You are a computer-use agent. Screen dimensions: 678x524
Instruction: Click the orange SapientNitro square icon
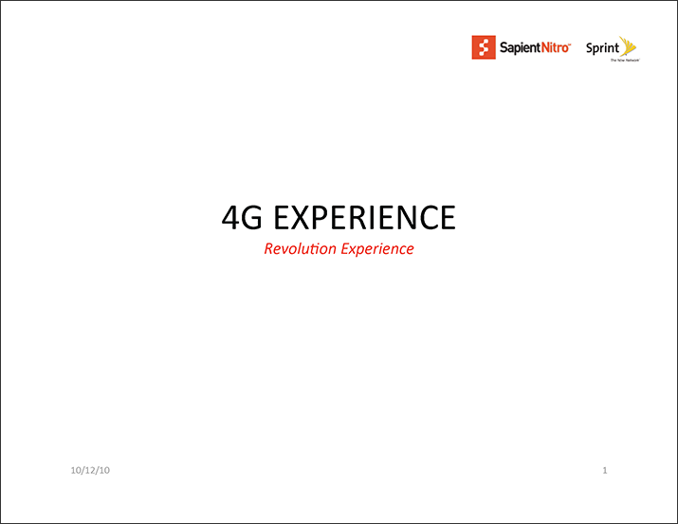(484, 47)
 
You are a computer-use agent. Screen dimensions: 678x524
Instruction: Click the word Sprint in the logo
(602, 48)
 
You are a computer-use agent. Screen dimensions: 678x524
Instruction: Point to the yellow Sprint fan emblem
(628, 46)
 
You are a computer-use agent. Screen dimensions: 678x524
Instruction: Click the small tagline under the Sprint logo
(625, 61)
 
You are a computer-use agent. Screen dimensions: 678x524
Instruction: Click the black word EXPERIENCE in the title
(364, 217)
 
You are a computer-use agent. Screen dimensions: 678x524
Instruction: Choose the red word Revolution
(300, 249)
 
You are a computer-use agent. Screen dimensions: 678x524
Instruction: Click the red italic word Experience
(377, 250)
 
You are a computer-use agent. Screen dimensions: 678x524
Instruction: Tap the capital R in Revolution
(269, 249)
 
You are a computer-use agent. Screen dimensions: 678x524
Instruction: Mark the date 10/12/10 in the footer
(90, 470)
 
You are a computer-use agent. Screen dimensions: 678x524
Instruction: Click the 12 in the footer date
(90, 470)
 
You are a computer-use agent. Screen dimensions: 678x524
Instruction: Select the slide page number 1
(605, 470)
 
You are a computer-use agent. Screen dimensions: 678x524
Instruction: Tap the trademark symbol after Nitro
(570, 44)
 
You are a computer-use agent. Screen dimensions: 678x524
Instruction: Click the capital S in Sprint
(590, 47)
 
